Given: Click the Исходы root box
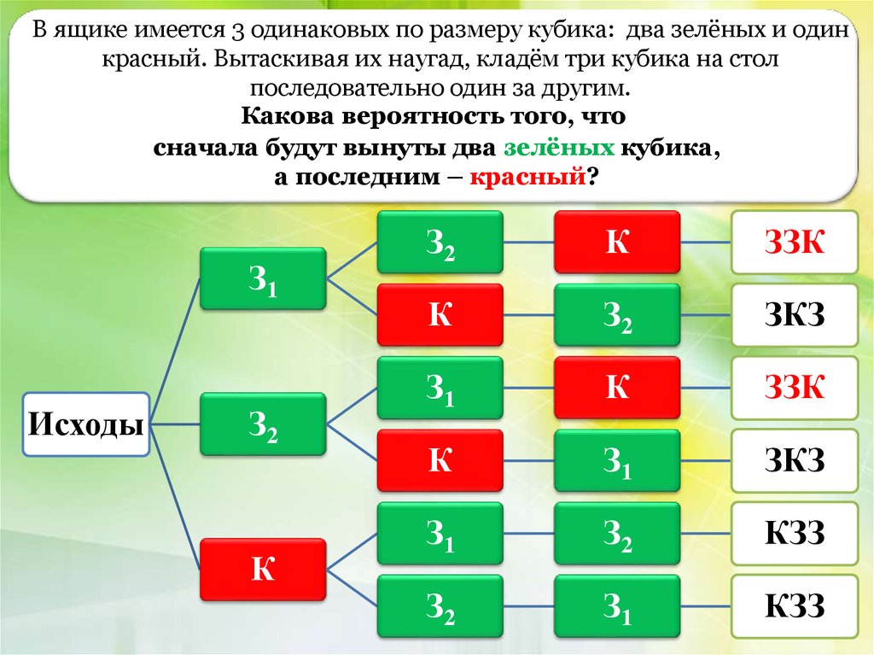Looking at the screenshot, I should pyautogui.click(x=85, y=424).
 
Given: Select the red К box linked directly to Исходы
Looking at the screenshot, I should pyautogui.click(x=263, y=569).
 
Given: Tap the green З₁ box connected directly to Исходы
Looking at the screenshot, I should pyautogui.click(x=263, y=278).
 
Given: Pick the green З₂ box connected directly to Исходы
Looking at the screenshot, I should pyautogui.click(x=263, y=424).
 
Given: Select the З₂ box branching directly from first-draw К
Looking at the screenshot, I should pyautogui.click(x=440, y=605).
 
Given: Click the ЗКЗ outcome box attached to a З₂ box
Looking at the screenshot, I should pyautogui.click(x=794, y=316).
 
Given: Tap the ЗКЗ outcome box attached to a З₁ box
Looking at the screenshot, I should pyautogui.click(x=794, y=462).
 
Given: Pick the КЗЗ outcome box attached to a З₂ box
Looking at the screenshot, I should pyautogui.click(x=794, y=535).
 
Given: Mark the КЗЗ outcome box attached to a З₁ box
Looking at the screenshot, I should pyautogui.click(x=794, y=607).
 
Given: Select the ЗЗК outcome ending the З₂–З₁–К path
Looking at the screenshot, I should pyautogui.click(x=794, y=389).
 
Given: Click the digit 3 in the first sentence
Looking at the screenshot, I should pyautogui.click(x=238, y=32).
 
